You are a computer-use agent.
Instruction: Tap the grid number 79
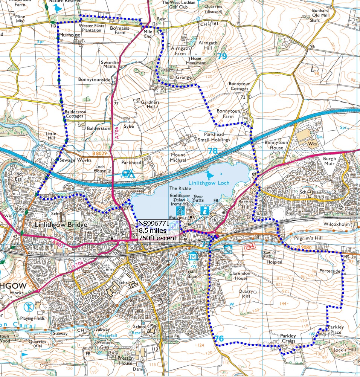222,56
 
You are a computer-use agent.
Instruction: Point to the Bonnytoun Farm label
228,114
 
